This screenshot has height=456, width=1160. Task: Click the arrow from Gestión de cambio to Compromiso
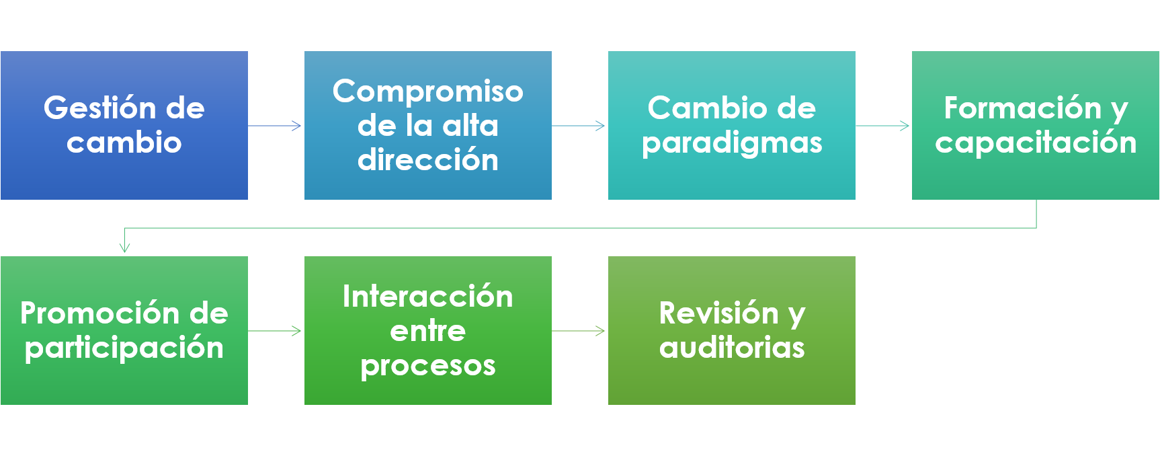[276, 126]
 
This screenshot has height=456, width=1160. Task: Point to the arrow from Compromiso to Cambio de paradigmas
[579, 126]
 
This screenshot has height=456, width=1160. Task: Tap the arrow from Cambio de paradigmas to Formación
[883, 126]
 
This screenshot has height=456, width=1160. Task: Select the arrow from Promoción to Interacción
[276, 331]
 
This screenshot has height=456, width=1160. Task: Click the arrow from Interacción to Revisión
[579, 331]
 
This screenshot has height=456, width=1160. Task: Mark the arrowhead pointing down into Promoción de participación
[124, 248]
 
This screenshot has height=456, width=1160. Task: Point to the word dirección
[428, 160]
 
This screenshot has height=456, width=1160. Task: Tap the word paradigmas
[732, 143]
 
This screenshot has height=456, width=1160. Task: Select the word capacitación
[1036, 143]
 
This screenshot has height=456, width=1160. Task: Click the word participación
[124, 348]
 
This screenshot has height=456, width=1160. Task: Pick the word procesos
[428, 366]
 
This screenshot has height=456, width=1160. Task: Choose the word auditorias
[732, 348]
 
